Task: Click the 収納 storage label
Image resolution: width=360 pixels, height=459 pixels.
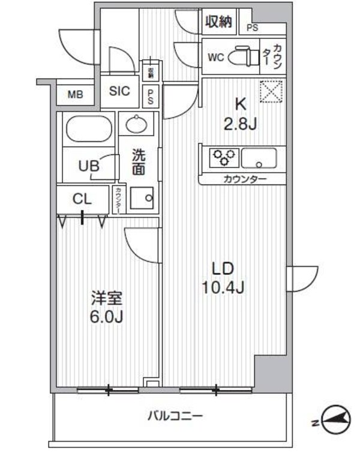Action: tap(218, 23)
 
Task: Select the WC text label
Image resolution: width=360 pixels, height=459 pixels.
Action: tap(215, 58)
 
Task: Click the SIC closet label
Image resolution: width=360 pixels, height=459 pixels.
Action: tap(119, 92)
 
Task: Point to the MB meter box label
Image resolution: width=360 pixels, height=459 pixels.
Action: tap(75, 94)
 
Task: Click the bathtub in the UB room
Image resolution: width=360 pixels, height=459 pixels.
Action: tap(87, 128)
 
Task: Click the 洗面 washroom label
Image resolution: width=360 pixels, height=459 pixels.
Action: tap(138, 162)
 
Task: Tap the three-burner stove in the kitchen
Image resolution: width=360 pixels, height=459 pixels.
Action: tap(224, 158)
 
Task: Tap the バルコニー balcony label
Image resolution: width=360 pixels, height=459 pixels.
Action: tap(175, 415)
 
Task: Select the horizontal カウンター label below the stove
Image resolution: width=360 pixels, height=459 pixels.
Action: tap(245, 179)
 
